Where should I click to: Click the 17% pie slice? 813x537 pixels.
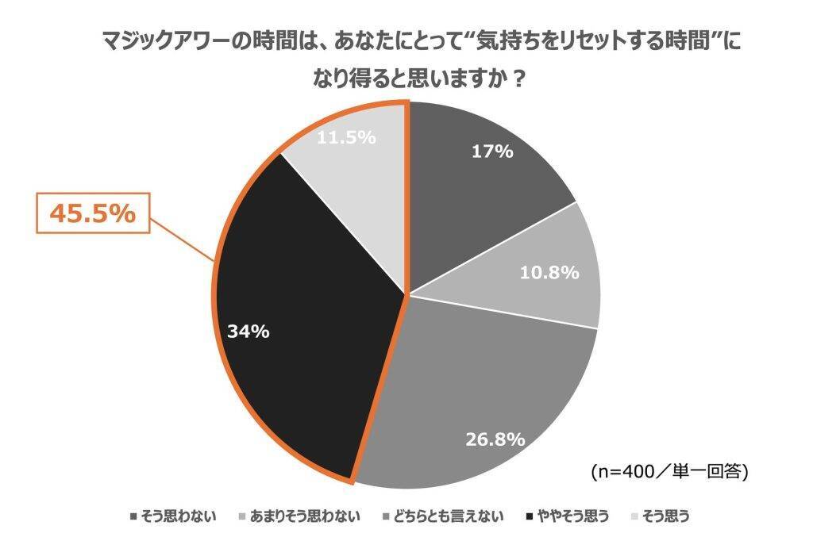476,182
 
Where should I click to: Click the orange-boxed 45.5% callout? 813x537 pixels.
93,213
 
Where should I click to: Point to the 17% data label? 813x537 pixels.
492,151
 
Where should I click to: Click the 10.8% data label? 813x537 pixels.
549,273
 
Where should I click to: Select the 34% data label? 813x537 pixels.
248,331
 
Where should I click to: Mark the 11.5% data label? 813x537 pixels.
346,137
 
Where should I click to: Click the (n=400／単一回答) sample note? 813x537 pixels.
669,471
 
